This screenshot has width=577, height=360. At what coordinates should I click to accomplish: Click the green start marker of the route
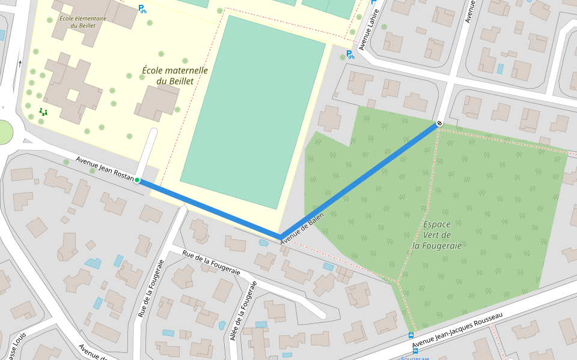tap(137, 180)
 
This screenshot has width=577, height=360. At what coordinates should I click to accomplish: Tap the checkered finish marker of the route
tap(439, 124)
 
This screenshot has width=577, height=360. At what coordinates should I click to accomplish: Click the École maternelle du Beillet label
tap(175, 76)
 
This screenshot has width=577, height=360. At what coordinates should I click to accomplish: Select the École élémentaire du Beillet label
tap(83, 22)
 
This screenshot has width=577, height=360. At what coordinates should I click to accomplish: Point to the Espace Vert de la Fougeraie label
tap(438, 235)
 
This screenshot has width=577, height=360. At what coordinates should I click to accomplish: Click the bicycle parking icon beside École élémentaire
tap(142, 9)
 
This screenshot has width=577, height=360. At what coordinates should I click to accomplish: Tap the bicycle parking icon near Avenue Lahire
tap(350, 55)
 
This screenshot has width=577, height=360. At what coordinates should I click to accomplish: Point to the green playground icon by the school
tap(43, 111)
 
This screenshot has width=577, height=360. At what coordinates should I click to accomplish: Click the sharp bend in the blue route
tap(279, 236)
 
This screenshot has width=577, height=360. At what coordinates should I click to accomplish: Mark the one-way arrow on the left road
tap(20, 63)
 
